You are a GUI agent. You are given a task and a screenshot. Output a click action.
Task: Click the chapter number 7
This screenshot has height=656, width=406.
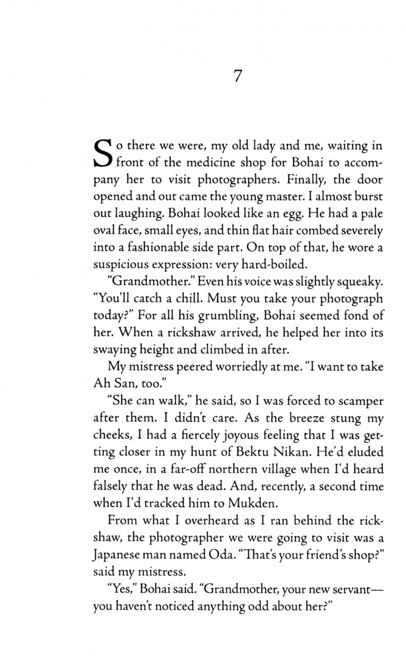point(238,77)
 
